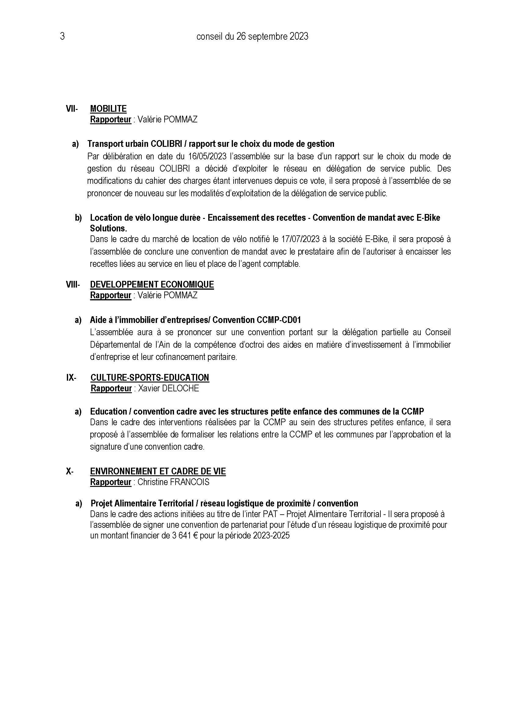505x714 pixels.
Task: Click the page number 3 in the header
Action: [x=62, y=37]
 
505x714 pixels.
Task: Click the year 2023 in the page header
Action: [x=299, y=37]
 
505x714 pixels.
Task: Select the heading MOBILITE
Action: [x=108, y=109]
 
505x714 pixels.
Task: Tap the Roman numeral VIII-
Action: [x=73, y=285]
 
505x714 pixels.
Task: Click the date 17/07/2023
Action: [x=300, y=239]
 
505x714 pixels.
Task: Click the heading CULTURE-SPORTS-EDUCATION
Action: [x=150, y=378]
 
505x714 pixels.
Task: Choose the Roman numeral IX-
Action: [x=71, y=378]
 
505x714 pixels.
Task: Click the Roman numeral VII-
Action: [x=72, y=109]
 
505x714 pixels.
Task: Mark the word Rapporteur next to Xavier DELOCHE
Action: [x=111, y=388]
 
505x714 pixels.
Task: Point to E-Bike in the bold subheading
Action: [x=428, y=218]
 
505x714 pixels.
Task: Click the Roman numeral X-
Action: [x=70, y=471]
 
